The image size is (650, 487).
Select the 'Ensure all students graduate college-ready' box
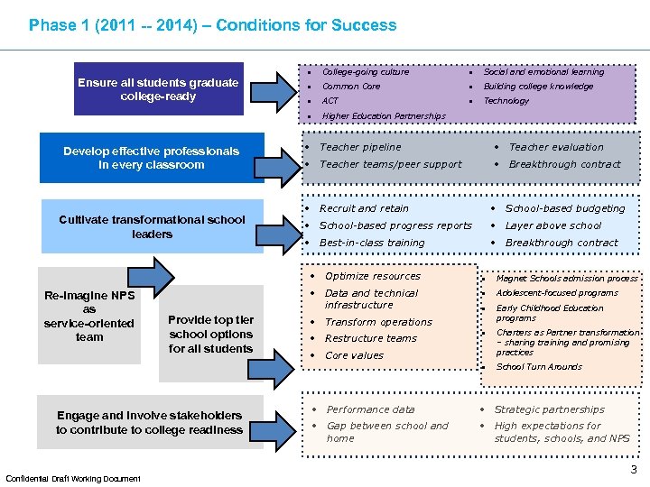point(158,89)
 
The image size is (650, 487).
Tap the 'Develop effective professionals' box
point(151,158)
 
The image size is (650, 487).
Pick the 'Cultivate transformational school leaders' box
point(152,226)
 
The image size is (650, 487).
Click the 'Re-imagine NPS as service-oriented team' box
point(89,317)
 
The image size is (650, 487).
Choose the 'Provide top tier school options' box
point(210,334)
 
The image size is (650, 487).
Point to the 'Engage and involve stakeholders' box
point(149,422)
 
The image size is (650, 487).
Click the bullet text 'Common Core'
point(351,87)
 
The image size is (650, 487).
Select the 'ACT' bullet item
point(330,101)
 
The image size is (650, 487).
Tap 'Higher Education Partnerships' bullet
point(383,116)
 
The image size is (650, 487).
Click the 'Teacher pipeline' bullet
point(360,147)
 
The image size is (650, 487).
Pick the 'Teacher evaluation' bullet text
point(556,147)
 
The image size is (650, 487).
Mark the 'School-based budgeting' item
point(564,208)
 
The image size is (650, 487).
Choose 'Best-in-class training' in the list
point(372,243)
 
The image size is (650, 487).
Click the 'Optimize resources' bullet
point(372,276)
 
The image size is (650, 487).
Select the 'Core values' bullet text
point(354,355)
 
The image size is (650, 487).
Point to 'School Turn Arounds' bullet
point(539,367)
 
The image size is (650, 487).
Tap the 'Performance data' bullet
point(370,409)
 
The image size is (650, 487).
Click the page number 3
point(634,470)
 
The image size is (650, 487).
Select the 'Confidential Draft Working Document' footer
point(73,478)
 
